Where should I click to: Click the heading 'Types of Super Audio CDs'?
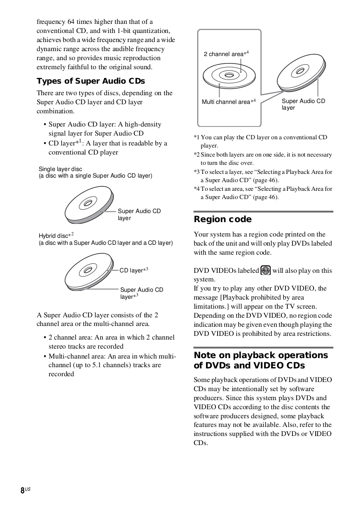[91, 81]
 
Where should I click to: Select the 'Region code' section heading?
[223, 219]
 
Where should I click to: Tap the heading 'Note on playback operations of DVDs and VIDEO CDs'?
[261, 360]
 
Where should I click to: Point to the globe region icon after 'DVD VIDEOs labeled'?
[266, 270]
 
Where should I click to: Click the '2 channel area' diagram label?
[226, 54]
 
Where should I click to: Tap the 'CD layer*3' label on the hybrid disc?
[134, 270]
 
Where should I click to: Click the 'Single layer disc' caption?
[60, 169]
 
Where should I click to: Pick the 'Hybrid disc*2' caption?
[56, 236]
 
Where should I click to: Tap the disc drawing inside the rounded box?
[229, 75]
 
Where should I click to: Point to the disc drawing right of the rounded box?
[301, 72]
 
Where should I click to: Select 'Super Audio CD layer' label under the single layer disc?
[139, 214]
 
